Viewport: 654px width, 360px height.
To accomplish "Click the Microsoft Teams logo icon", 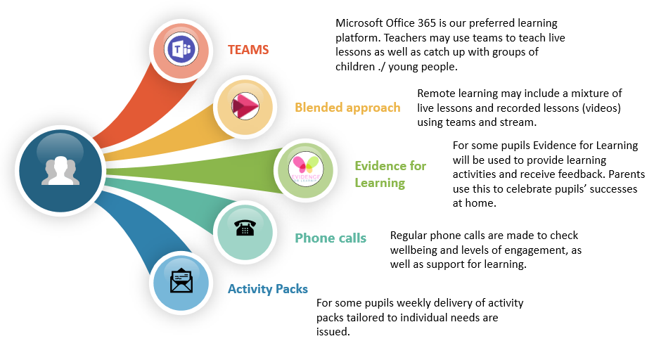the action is pos(181,49).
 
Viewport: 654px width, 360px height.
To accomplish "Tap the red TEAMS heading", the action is pos(248,50).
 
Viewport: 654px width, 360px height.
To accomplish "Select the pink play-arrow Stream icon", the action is pos(245,106).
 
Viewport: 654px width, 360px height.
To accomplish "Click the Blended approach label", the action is pos(347,108).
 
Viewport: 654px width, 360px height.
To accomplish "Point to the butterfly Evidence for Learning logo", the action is pos(306,169).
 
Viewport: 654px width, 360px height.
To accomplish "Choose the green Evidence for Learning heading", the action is pos(390,174).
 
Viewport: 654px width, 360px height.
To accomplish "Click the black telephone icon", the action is pos(245,228).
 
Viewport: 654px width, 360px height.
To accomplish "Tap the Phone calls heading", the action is pos(331,238).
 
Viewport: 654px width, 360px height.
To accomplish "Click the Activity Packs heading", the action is pos(268,289).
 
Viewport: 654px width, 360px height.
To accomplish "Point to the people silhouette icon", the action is pos(60,171).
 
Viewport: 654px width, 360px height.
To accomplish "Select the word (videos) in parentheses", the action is pos(601,108).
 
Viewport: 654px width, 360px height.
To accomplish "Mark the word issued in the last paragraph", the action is pos(333,332).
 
